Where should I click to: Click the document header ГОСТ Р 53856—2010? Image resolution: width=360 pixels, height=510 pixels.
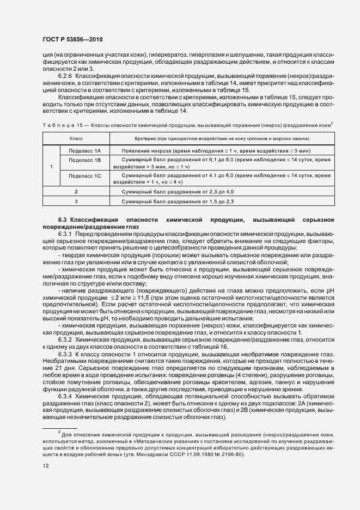[x=72, y=39]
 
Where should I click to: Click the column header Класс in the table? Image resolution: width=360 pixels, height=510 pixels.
[x=76, y=139]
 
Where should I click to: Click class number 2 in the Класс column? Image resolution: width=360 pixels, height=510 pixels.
[x=76, y=192]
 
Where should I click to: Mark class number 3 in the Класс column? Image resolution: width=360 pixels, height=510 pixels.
[x=76, y=202]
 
